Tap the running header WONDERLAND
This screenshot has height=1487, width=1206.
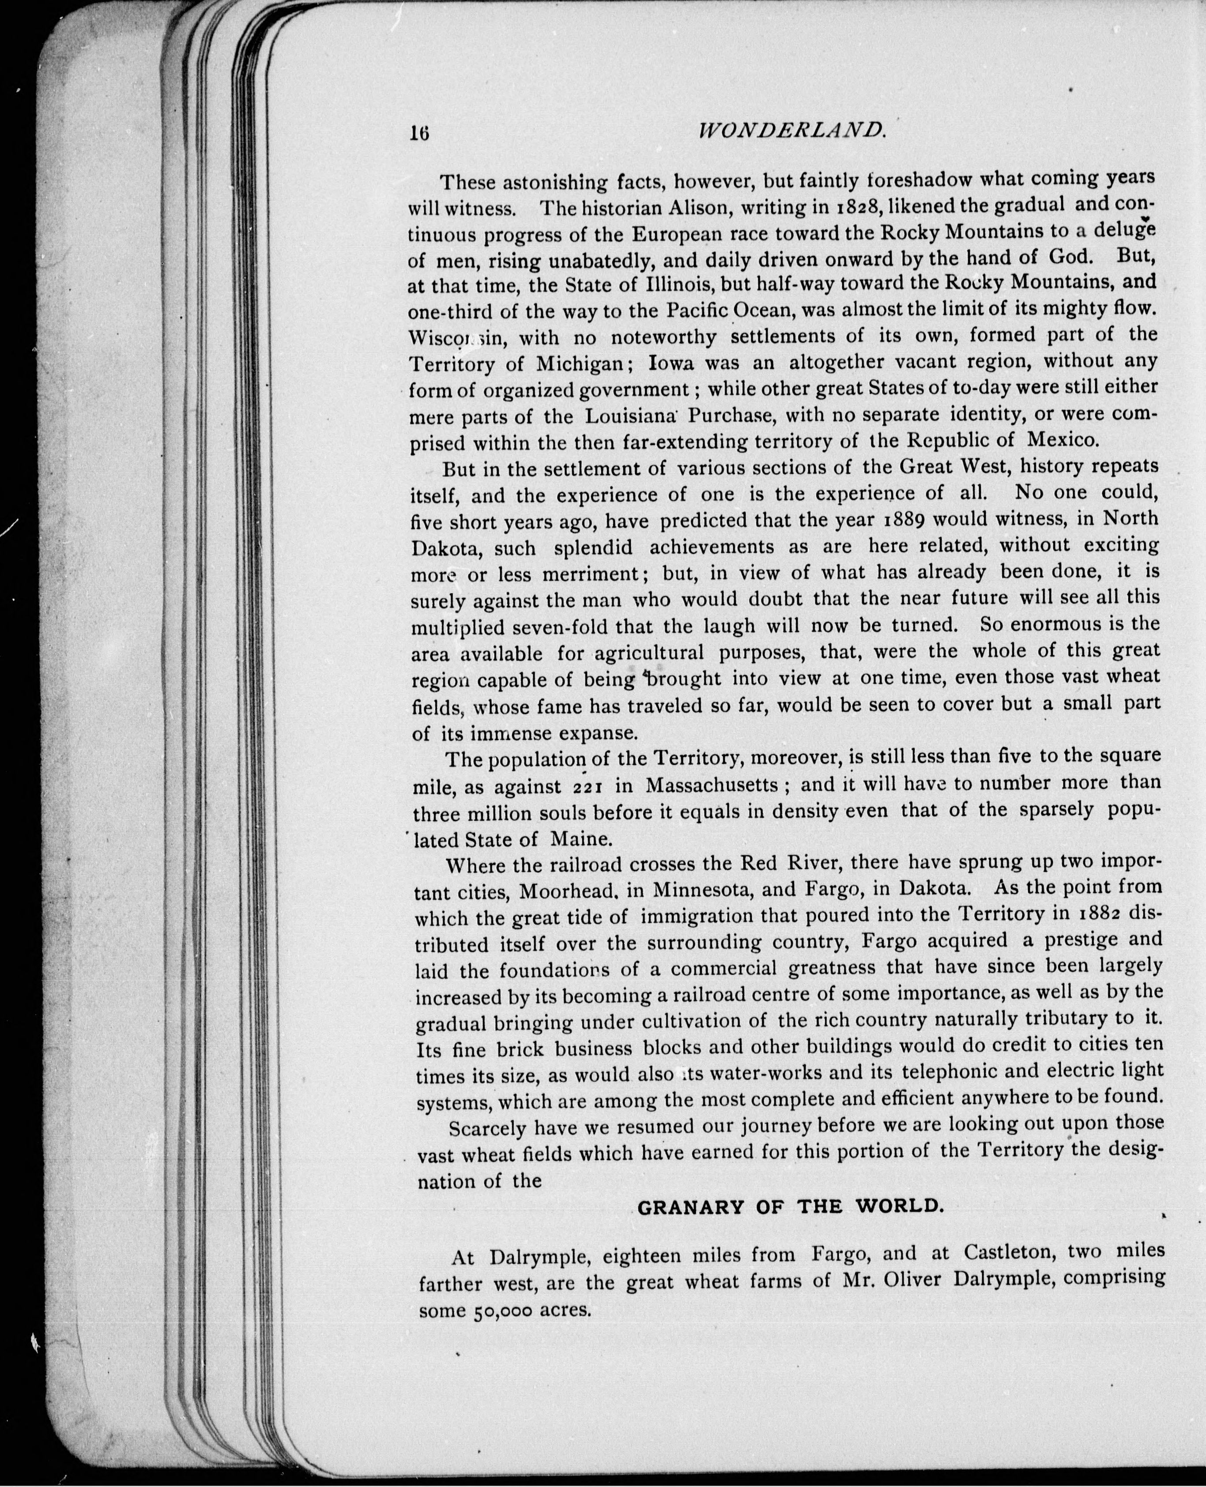pos(792,129)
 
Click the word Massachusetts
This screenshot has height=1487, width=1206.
pos(712,785)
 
